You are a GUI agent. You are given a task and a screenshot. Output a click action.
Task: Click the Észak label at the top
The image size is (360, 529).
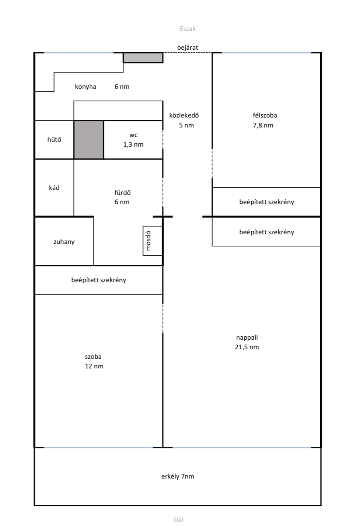(x=188, y=29)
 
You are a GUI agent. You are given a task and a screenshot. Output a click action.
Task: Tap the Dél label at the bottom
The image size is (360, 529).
(x=179, y=519)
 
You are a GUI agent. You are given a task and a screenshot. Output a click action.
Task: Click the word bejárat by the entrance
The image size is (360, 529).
(x=188, y=48)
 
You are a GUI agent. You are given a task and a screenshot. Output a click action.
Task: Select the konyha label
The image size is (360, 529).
(x=85, y=87)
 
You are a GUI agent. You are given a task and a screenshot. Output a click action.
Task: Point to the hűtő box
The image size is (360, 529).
(x=54, y=140)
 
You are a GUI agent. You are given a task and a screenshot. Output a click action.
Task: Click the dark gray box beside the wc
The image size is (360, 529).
(x=88, y=140)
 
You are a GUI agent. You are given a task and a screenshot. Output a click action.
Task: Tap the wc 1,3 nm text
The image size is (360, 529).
(x=133, y=140)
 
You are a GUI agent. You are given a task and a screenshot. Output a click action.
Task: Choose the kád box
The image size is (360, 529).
(x=54, y=188)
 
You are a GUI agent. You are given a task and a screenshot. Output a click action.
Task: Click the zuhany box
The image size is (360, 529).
(x=64, y=241)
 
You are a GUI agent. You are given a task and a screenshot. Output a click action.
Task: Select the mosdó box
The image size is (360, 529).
(x=153, y=241)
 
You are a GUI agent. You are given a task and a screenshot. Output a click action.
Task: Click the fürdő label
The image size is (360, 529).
(x=123, y=193)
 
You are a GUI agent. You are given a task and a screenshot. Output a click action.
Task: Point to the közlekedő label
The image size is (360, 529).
(x=184, y=115)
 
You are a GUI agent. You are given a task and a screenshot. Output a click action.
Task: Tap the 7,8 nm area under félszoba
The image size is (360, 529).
(x=263, y=125)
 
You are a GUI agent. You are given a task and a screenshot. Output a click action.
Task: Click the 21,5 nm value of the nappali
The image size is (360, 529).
(x=247, y=347)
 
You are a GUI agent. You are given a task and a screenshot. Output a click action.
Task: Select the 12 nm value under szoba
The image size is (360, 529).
(x=94, y=366)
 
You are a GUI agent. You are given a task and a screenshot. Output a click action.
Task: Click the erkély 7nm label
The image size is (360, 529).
(x=178, y=476)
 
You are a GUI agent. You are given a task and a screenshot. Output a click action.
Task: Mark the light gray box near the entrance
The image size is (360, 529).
(x=143, y=58)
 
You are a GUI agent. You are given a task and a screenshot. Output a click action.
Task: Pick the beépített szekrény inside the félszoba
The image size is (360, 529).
(x=266, y=202)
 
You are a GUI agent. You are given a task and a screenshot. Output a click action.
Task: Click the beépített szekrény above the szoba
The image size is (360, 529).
(x=99, y=280)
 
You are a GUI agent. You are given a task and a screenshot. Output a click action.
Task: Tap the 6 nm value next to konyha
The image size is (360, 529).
(x=122, y=87)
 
